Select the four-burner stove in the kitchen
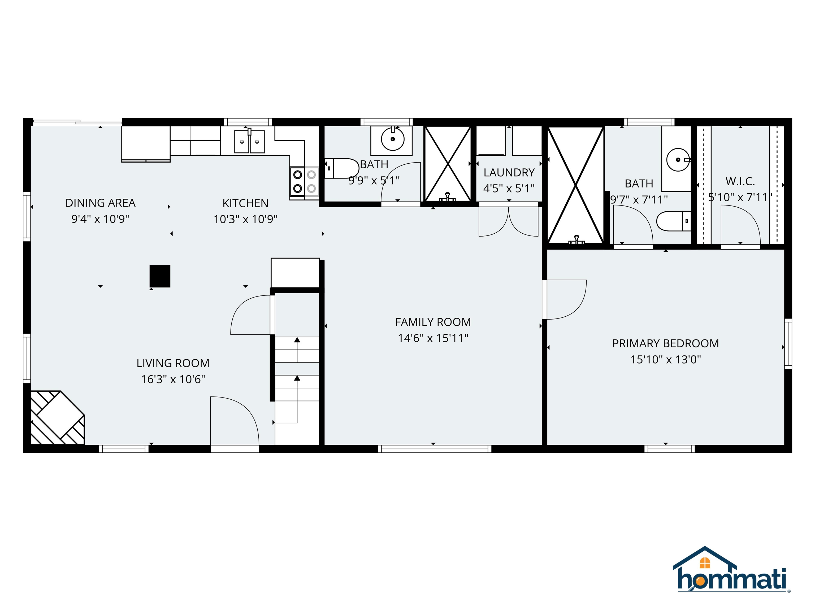click(304, 182)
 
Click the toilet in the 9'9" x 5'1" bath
click(341, 168)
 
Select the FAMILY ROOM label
click(433, 322)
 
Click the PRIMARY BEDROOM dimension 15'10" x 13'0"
click(665, 359)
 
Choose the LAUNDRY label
click(509, 173)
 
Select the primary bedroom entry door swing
click(566, 299)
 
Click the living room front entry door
click(234, 422)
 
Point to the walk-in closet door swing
click(740, 225)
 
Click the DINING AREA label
click(100, 203)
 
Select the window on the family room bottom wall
click(434, 449)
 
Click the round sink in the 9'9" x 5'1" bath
click(392, 139)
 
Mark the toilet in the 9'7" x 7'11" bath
click(673, 221)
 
